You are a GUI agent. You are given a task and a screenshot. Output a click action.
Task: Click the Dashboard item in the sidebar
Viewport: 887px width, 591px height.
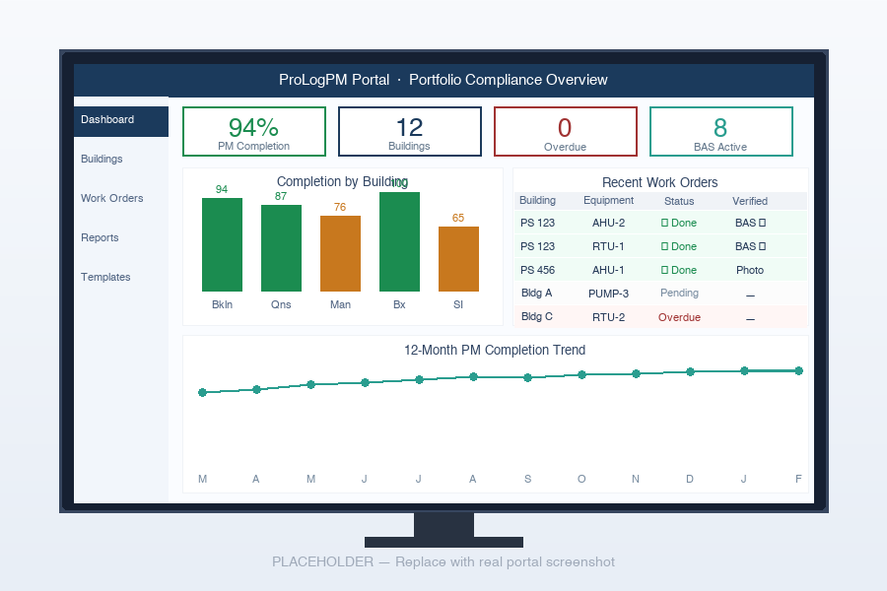click(107, 120)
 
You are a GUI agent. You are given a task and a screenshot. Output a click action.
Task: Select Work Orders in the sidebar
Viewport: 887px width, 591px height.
click(111, 199)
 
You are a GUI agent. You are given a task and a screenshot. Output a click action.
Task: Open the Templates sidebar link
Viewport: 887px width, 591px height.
click(105, 278)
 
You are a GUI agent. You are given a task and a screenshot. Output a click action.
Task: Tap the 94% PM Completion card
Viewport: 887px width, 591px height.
click(253, 132)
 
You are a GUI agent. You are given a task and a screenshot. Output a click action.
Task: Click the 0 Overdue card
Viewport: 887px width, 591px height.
click(565, 132)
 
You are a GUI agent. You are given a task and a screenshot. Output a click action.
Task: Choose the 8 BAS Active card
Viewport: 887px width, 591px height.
click(720, 132)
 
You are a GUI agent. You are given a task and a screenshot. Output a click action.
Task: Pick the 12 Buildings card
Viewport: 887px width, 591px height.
click(409, 132)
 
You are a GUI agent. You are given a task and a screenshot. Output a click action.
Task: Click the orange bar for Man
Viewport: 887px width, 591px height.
click(340, 253)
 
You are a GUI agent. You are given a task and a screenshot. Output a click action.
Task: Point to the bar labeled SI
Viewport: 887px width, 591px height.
click(458, 259)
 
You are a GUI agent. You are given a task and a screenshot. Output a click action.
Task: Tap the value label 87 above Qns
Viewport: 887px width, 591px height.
click(281, 197)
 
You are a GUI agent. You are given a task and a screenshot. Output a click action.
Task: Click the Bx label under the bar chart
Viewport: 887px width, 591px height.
click(399, 305)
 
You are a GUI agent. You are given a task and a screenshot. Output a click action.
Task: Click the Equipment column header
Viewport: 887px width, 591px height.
click(608, 201)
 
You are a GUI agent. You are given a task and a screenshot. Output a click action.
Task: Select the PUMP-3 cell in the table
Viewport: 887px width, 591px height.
click(608, 294)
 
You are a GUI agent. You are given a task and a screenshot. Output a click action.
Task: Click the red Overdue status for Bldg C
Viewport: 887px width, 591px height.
click(679, 317)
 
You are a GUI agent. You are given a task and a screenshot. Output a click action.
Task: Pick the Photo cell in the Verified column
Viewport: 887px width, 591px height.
click(749, 270)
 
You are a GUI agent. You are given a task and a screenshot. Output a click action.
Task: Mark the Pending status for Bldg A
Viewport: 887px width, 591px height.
click(679, 294)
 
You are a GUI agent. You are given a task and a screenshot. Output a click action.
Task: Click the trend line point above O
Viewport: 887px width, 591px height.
click(581, 374)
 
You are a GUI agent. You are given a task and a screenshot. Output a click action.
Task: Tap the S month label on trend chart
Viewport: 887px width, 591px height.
click(527, 480)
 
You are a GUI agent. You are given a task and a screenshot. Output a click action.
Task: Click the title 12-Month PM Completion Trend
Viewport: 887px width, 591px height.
click(495, 351)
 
